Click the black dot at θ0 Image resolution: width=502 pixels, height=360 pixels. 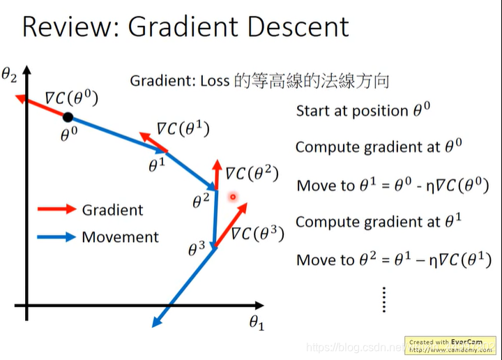[68, 117]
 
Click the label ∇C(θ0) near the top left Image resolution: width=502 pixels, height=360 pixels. [72, 98]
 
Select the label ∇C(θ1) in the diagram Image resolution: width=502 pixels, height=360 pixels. [183, 128]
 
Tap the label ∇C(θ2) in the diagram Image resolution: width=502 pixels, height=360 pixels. [251, 172]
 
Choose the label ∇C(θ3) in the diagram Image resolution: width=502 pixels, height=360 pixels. [257, 232]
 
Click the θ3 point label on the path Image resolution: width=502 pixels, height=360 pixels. [197, 247]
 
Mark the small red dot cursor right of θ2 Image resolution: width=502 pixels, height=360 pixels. [233, 197]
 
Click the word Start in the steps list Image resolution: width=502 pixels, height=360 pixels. [313, 111]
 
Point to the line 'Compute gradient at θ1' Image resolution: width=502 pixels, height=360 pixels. [379, 222]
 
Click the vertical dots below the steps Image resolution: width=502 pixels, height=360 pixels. [384, 298]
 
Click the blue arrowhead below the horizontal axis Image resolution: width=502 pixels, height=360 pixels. [157, 321]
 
